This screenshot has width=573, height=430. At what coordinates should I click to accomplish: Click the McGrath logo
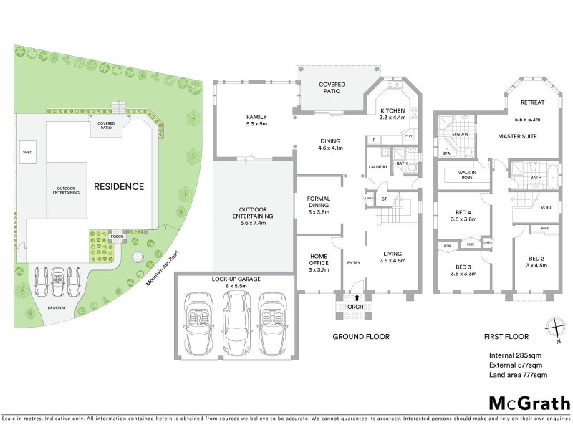(529, 403)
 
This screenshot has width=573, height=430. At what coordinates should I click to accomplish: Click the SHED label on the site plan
(28, 153)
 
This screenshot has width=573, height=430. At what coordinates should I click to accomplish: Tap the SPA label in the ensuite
(446, 153)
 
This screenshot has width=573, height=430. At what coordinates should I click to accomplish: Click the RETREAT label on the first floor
(533, 102)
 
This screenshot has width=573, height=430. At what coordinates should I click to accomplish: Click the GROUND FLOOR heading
(361, 336)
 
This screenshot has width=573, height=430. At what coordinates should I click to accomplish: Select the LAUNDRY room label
(377, 167)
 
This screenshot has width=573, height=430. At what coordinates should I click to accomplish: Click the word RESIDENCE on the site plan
(119, 186)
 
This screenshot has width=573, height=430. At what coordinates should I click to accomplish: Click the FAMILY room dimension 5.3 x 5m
(256, 124)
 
